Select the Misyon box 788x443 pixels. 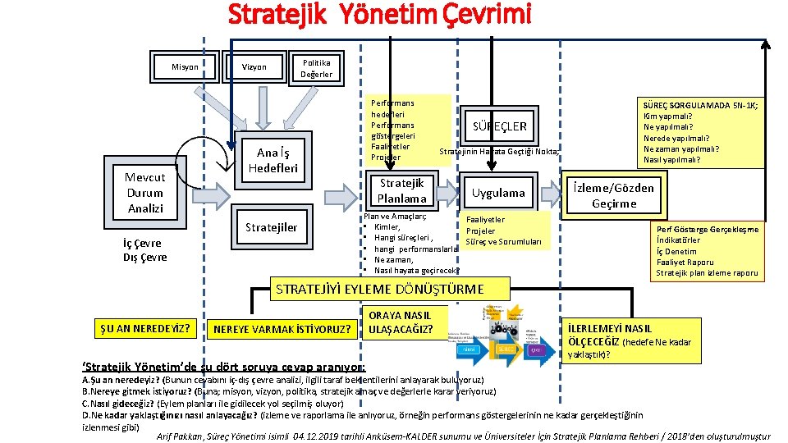[x=185, y=67]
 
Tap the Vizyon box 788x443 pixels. [x=254, y=67]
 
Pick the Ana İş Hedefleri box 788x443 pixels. [x=273, y=160]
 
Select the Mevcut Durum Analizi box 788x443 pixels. [x=145, y=193]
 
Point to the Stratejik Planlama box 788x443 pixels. [x=401, y=191]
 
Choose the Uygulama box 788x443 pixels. [x=498, y=193]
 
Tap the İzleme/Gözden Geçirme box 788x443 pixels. [x=613, y=195]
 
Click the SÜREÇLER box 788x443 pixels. [x=500, y=126]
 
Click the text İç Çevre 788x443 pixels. [x=142, y=243]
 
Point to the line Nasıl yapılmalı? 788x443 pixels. [x=676, y=160]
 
